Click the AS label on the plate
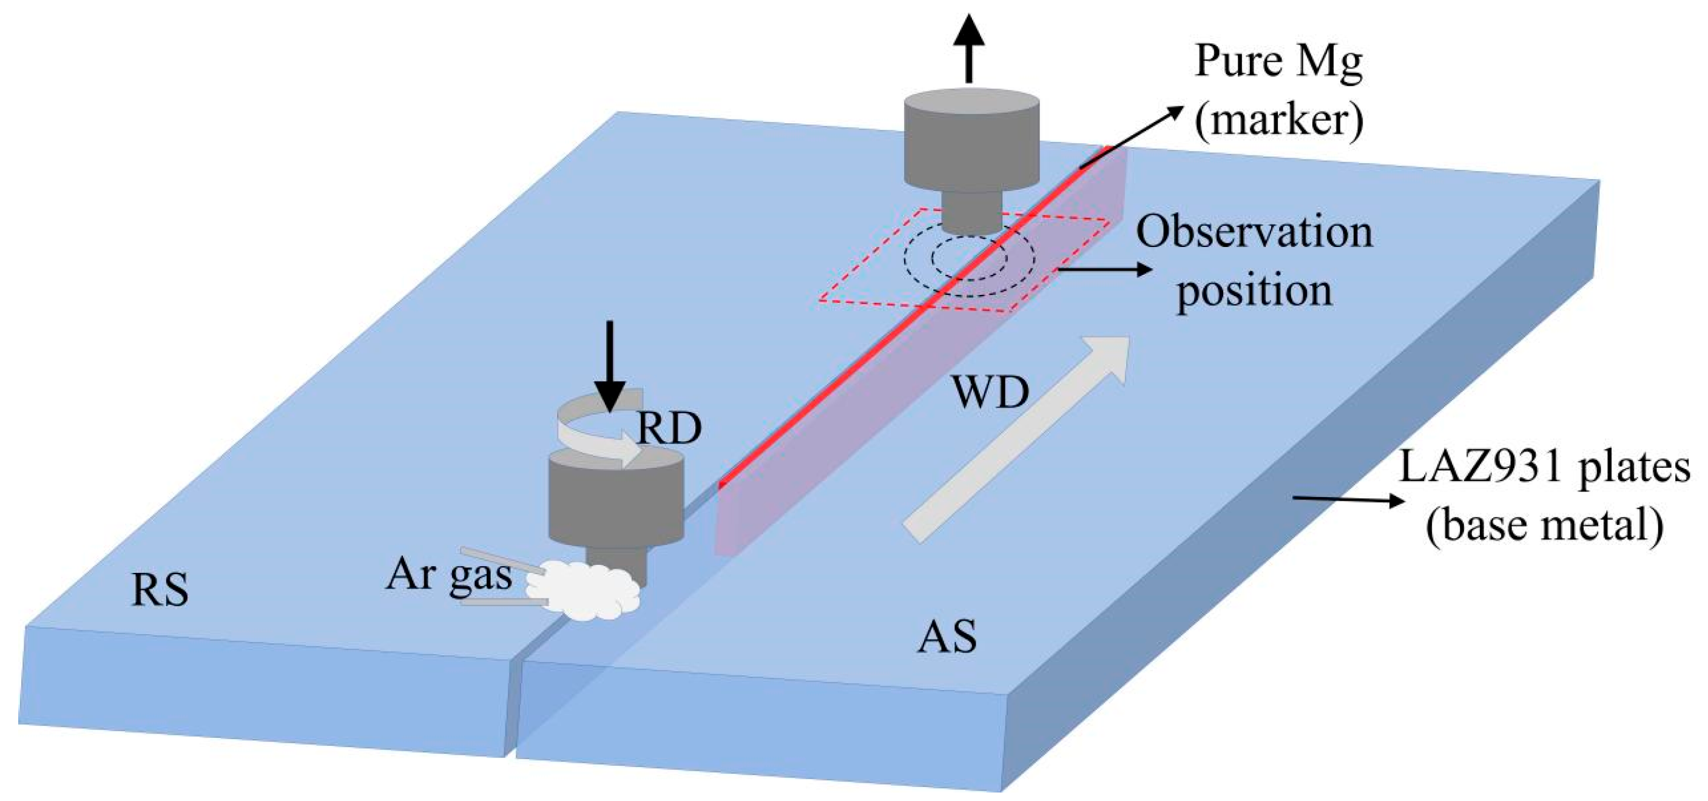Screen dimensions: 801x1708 [947, 637]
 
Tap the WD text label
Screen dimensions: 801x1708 [991, 393]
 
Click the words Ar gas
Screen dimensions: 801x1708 [449, 575]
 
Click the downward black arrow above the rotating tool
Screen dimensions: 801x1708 [610, 365]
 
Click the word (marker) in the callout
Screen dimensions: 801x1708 [1279, 121]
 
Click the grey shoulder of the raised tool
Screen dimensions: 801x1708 [971, 143]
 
